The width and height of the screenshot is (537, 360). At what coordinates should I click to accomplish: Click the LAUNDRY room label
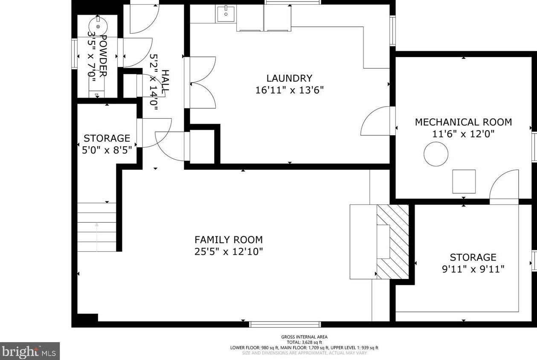point(289,78)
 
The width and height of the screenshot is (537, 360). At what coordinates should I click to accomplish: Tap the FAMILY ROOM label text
point(229,240)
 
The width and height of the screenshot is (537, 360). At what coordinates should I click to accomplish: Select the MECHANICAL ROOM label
point(463,122)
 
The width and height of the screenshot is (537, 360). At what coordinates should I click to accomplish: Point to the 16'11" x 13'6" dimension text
point(289,90)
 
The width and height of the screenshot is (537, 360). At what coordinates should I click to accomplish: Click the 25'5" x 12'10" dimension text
point(229,252)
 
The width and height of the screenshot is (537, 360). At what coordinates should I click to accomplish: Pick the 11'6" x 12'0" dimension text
point(463,134)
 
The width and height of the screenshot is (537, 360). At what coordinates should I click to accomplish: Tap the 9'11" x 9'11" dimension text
point(473,269)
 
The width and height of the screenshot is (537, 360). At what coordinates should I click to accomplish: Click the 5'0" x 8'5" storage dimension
point(107,150)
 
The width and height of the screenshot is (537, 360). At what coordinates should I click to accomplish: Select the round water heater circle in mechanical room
point(436,154)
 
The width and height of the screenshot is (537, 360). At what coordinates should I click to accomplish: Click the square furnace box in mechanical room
point(464,181)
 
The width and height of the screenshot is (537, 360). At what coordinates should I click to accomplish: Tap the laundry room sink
point(226,14)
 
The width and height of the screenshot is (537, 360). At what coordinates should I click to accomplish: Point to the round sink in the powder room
point(98,26)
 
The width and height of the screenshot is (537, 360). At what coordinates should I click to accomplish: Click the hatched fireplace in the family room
point(393,241)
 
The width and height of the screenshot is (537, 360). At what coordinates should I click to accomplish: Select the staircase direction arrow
point(97,237)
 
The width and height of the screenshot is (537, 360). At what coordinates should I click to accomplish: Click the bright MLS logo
point(29,351)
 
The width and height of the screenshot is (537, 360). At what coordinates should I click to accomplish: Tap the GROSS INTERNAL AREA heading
point(304,337)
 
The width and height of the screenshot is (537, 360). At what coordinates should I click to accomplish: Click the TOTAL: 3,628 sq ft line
point(304,342)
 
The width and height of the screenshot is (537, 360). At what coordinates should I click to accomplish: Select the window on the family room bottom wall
point(285,324)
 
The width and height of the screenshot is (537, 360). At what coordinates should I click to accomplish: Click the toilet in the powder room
point(97,86)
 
